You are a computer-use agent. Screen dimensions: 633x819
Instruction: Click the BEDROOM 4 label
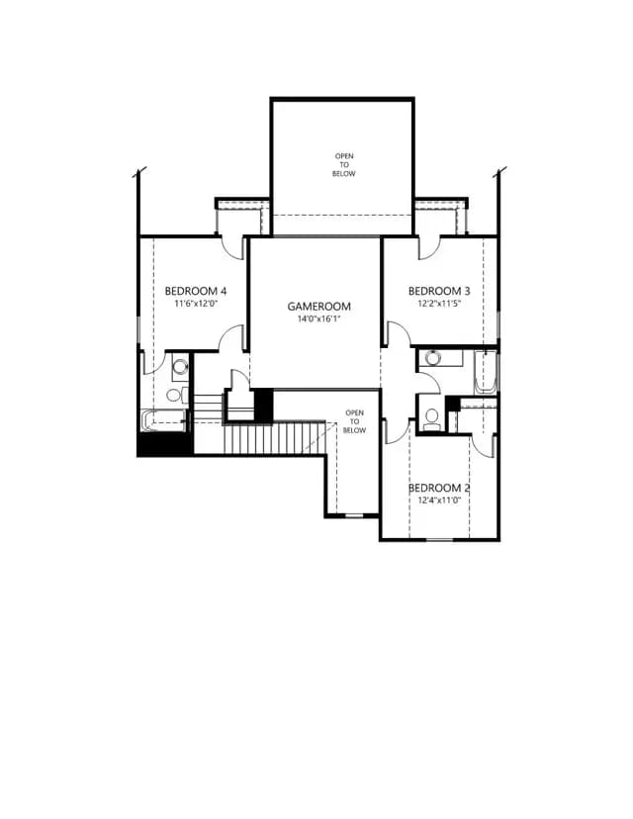pos(195,291)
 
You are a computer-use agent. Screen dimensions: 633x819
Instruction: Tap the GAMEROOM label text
pos(318,306)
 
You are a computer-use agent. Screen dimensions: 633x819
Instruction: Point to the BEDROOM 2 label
pos(439,488)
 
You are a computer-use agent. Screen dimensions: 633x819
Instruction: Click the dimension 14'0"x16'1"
pos(318,318)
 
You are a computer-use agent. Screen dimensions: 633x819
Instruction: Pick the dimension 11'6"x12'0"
pos(195,303)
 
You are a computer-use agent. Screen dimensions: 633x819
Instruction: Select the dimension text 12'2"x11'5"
pos(439,303)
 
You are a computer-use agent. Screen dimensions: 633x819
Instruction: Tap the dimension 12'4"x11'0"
pos(439,500)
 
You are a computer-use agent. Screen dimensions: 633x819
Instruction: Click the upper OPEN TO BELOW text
pos(343,164)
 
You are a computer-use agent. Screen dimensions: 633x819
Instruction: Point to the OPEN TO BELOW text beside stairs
pos(354,421)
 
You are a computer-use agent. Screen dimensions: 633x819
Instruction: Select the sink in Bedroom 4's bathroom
pos(180,367)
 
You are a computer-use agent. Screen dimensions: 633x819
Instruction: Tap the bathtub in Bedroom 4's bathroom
pos(163,421)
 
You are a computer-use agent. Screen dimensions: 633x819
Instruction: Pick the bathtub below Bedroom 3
pos(486,372)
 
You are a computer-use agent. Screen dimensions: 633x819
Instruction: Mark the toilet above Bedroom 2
pos(432,419)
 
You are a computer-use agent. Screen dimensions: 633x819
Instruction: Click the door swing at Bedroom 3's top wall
pos(429,248)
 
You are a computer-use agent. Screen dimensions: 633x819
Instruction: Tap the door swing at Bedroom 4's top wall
pos(233,248)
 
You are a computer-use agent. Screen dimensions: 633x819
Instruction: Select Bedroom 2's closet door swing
pos(484,445)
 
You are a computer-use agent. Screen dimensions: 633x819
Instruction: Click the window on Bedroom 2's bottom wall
pos(440,538)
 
